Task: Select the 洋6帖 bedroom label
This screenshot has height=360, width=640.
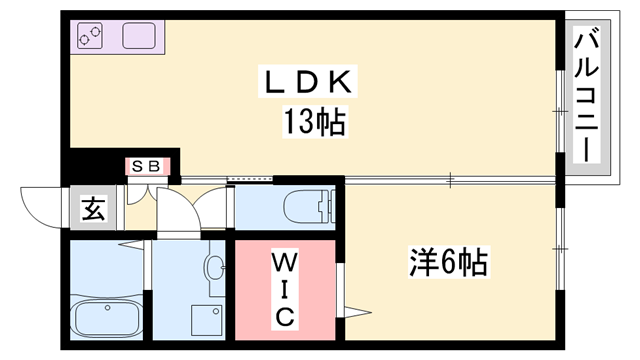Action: [x=448, y=263]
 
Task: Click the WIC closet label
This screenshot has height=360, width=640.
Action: [x=284, y=290]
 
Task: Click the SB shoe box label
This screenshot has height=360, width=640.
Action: [x=146, y=166]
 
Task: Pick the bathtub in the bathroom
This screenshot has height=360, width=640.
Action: [x=105, y=319]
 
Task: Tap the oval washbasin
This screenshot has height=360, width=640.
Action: [x=215, y=267]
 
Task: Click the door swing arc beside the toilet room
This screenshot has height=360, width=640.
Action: [x=214, y=206]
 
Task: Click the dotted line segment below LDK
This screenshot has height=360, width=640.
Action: [x=251, y=181]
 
